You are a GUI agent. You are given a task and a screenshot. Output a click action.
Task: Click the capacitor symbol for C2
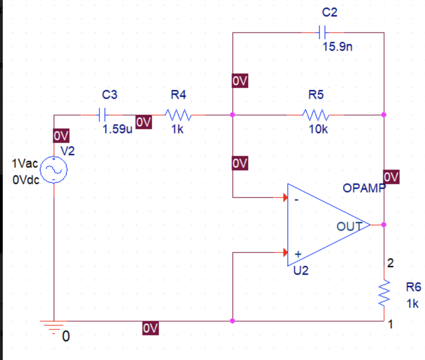click(x=322, y=32)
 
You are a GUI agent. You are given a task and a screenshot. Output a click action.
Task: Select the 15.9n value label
click(x=337, y=46)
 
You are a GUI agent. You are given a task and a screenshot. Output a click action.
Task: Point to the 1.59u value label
click(x=117, y=129)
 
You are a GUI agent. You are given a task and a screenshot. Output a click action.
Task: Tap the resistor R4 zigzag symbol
click(x=178, y=114)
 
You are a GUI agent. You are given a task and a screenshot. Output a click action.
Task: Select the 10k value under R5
click(x=318, y=129)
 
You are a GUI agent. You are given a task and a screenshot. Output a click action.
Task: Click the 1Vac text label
click(x=25, y=164)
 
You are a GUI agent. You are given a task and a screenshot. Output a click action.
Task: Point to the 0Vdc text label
click(x=25, y=180)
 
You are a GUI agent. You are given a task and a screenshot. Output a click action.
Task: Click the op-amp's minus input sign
click(x=296, y=199)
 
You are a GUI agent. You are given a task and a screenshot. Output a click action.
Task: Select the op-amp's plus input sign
click(x=297, y=253)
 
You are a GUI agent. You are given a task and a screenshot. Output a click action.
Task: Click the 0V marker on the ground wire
click(x=150, y=328)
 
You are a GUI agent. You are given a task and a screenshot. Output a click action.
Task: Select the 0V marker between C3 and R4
click(x=144, y=122)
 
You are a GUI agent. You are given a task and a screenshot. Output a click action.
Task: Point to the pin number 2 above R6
click(x=390, y=263)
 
